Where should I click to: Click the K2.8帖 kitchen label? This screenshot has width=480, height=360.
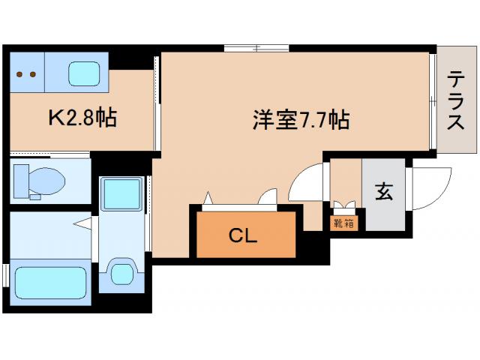pos(82,118)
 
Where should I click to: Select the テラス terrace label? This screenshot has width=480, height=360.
pos(454,101)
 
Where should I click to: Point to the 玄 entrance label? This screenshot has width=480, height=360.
pos(383,192)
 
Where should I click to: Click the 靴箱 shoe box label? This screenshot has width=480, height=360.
pos(345,223)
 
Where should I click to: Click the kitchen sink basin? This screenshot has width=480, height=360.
pos(85,73)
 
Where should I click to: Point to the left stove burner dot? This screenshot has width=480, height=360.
pos(20,74)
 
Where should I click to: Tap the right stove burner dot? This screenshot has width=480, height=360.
pos(33,74)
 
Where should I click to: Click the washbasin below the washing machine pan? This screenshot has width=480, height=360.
pos(120,271)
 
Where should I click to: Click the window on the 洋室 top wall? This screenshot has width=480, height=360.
pos(255,49)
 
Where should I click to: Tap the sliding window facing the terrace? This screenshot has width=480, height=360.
pos(433,100)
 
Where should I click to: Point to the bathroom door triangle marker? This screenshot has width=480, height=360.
pos(82,223)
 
